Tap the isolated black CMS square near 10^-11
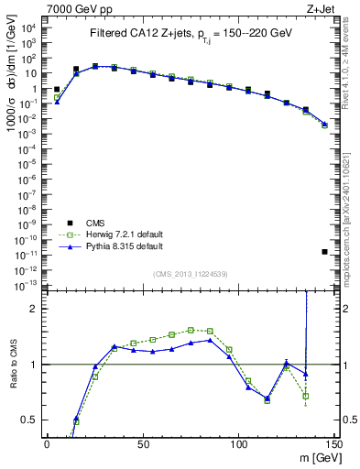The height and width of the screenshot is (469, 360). (325, 251)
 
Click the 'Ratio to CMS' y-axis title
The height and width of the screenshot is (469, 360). (12, 378)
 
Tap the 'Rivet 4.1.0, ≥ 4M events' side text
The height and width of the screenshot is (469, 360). (351, 69)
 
